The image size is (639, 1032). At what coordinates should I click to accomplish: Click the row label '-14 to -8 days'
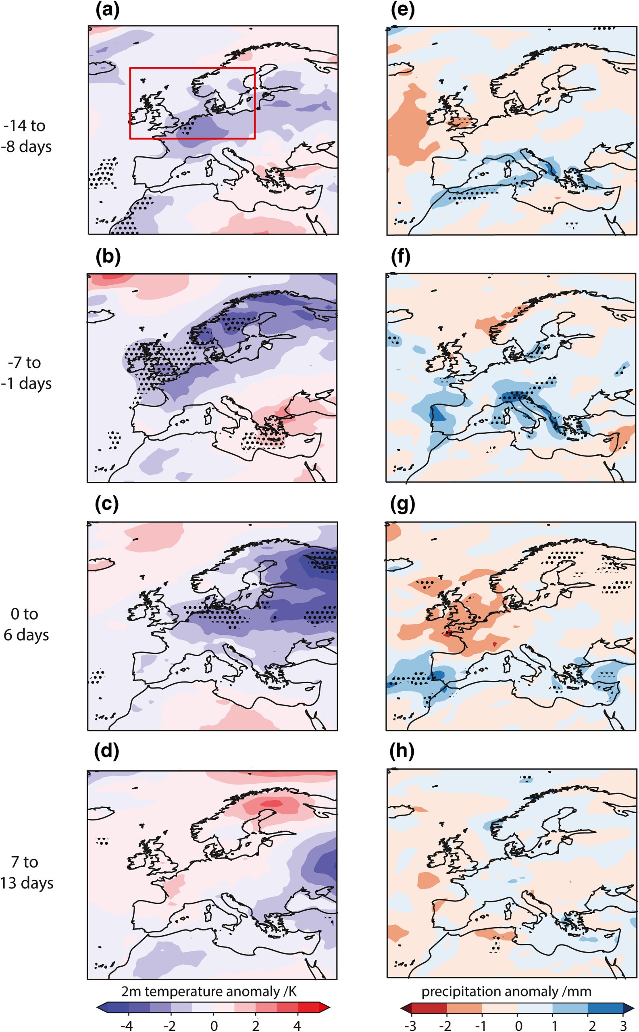26,136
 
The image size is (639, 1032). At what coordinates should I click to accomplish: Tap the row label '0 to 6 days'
26,624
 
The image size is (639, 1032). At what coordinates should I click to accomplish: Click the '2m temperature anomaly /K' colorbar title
209,991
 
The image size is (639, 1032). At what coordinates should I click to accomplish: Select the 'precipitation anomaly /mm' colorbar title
506,991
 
